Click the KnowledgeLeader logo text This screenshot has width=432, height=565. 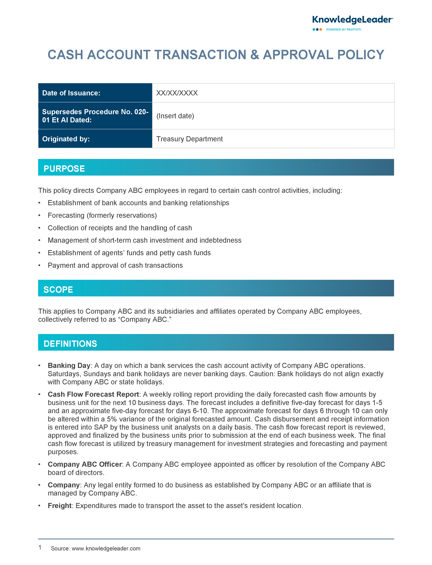352,20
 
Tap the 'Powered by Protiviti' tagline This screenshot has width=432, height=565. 343,30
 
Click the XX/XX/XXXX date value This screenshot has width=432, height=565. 177,93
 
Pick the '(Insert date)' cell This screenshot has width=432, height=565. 175,116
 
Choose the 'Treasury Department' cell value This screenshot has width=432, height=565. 190,139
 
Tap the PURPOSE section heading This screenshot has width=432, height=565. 64,169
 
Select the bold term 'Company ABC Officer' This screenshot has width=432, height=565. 85,464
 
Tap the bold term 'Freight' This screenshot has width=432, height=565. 59,506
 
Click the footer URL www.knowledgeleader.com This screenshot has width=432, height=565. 106,549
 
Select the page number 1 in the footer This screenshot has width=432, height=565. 40,548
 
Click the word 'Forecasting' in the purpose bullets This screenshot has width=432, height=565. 66,215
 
